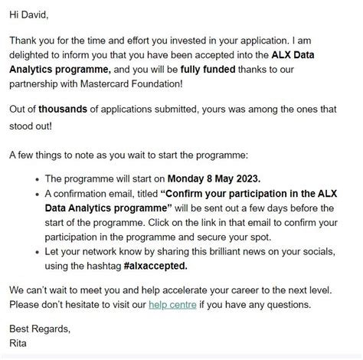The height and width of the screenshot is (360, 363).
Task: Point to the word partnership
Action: pyautogui.click(x=38, y=83)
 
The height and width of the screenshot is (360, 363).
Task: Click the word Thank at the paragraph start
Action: pyautogui.click(x=25, y=40)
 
